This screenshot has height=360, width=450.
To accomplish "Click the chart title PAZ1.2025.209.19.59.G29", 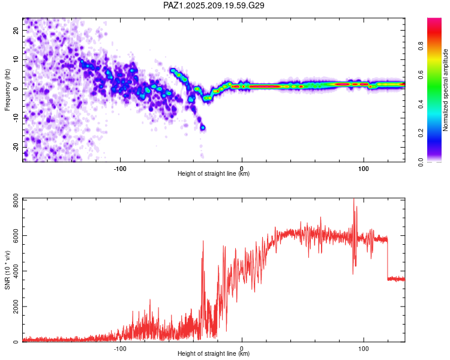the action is [214, 5].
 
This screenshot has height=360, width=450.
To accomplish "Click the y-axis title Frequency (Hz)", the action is [7, 90].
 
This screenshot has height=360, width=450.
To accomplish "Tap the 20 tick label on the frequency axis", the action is [16, 30].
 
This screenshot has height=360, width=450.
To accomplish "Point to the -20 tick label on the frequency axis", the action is [16, 148].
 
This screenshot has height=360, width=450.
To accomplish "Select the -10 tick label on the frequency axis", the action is [16, 118].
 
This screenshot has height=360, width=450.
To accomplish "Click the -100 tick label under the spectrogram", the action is [120, 169].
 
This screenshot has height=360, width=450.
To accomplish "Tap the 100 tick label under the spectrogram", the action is [364, 169].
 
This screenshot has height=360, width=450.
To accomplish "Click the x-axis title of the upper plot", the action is [214, 173].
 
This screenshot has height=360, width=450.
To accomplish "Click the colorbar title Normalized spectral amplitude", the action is [445, 90].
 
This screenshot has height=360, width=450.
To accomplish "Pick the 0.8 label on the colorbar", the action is [421, 46].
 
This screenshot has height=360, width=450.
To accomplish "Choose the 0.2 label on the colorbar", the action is [421, 133].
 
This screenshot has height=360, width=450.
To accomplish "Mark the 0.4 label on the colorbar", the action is [421, 104].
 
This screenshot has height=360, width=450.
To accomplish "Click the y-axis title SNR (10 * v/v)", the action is [7, 270].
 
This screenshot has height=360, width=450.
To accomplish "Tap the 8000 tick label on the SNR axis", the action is [16, 200].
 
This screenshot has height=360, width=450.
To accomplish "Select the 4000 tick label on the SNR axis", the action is [16, 271].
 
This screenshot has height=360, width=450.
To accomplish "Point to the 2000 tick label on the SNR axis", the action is [16, 307].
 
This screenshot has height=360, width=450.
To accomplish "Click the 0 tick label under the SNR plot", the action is [242, 349].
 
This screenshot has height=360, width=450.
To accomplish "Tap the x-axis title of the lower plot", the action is [214, 353].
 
